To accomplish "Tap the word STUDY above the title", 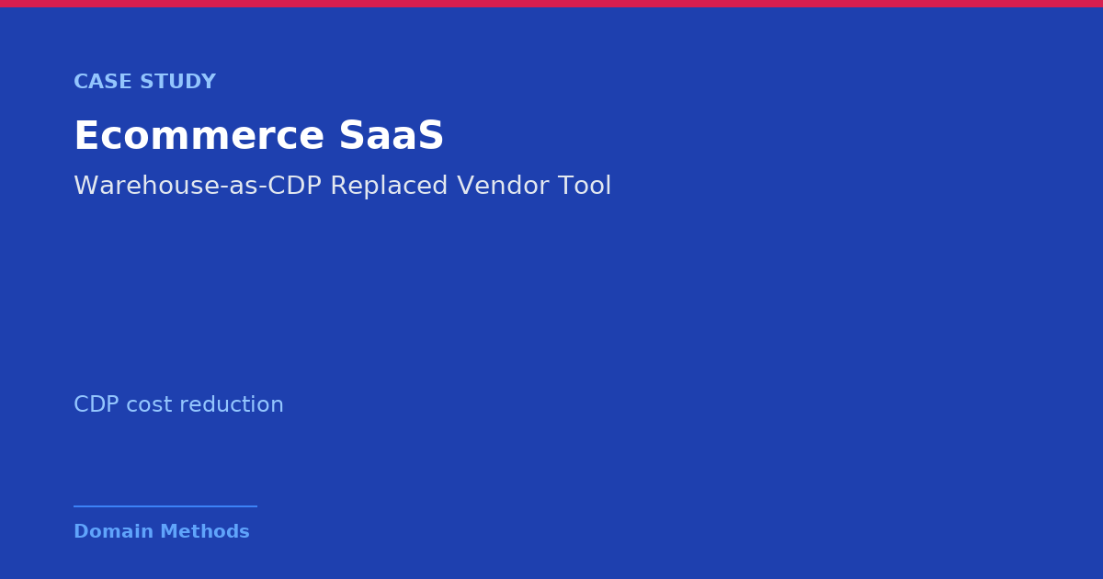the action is coord(178,81).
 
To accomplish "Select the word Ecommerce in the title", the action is coord(199,135).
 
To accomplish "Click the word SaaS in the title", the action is coord(392,135).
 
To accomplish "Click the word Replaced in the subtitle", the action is coord(389,187).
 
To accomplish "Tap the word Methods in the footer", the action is coord(205,531).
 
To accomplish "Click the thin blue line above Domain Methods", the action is coord(165,506).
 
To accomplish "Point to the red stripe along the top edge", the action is coord(551,4).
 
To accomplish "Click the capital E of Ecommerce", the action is coord(85,135).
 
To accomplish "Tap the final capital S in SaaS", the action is coord(431,135).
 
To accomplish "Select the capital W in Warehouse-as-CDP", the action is coord(86,186).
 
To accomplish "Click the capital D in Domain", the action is coord(81,531).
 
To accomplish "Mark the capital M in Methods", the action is coord(169,531).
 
